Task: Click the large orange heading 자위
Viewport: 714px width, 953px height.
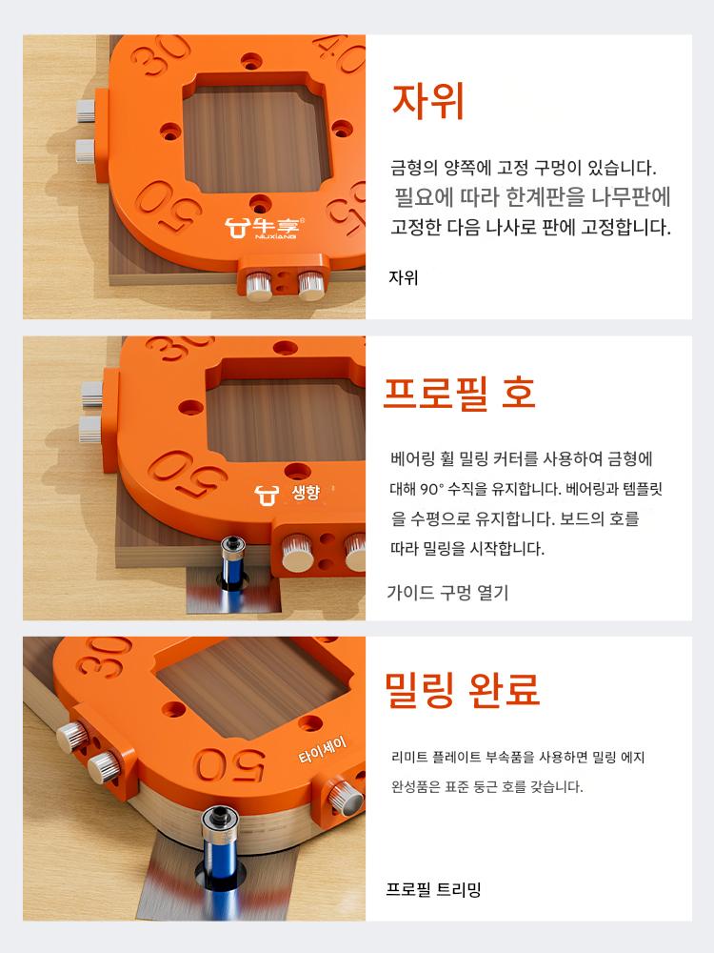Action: (x=428, y=101)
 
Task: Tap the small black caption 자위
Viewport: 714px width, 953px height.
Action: (x=403, y=277)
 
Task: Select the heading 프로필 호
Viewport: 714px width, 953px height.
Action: (x=459, y=393)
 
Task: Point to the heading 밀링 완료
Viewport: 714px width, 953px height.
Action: (x=462, y=690)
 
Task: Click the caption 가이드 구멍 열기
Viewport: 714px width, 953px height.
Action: (x=447, y=592)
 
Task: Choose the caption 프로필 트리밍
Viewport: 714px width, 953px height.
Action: (x=433, y=889)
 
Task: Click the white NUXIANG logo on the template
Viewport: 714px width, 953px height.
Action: (x=266, y=228)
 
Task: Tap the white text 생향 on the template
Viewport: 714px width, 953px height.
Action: (x=306, y=492)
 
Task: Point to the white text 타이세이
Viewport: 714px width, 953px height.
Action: (x=323, y=750)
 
